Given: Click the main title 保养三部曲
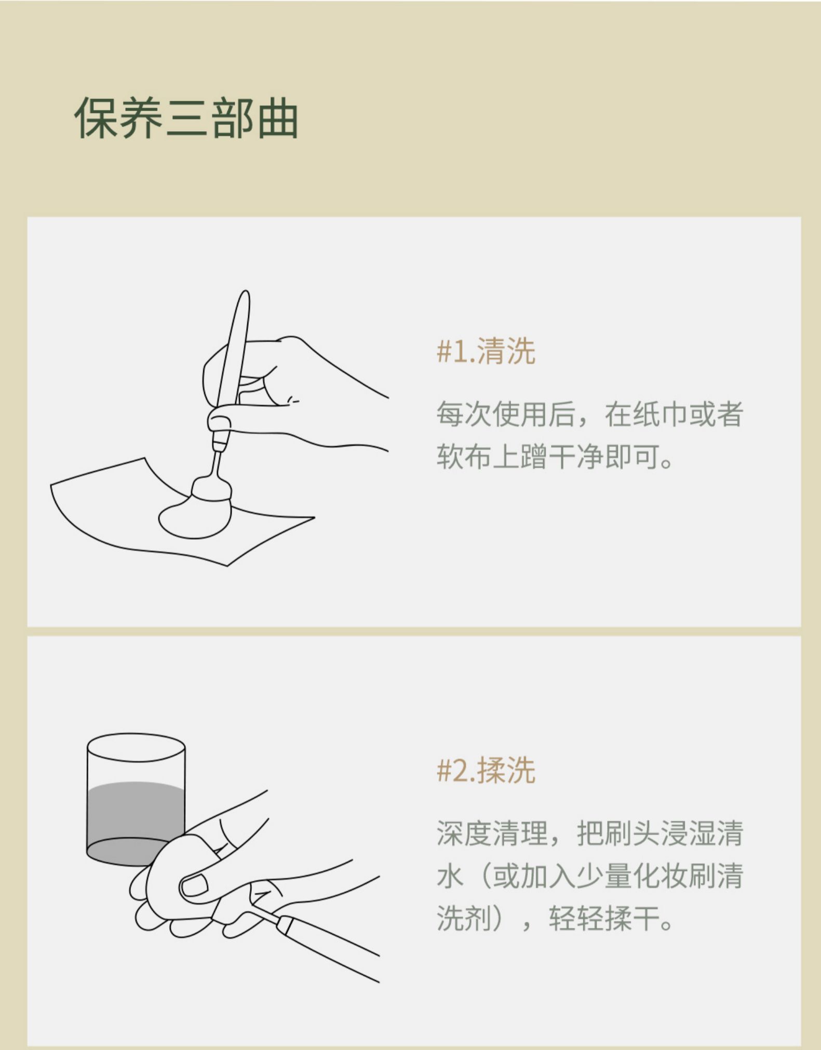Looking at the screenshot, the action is [186, 118].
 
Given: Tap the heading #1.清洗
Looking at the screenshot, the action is [486, 351].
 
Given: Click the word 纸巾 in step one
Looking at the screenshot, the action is [647, 414].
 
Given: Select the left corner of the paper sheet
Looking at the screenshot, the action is [51, 485].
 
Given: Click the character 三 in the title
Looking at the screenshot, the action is [186, 118].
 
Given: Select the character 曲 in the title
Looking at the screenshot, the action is [279, 118].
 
